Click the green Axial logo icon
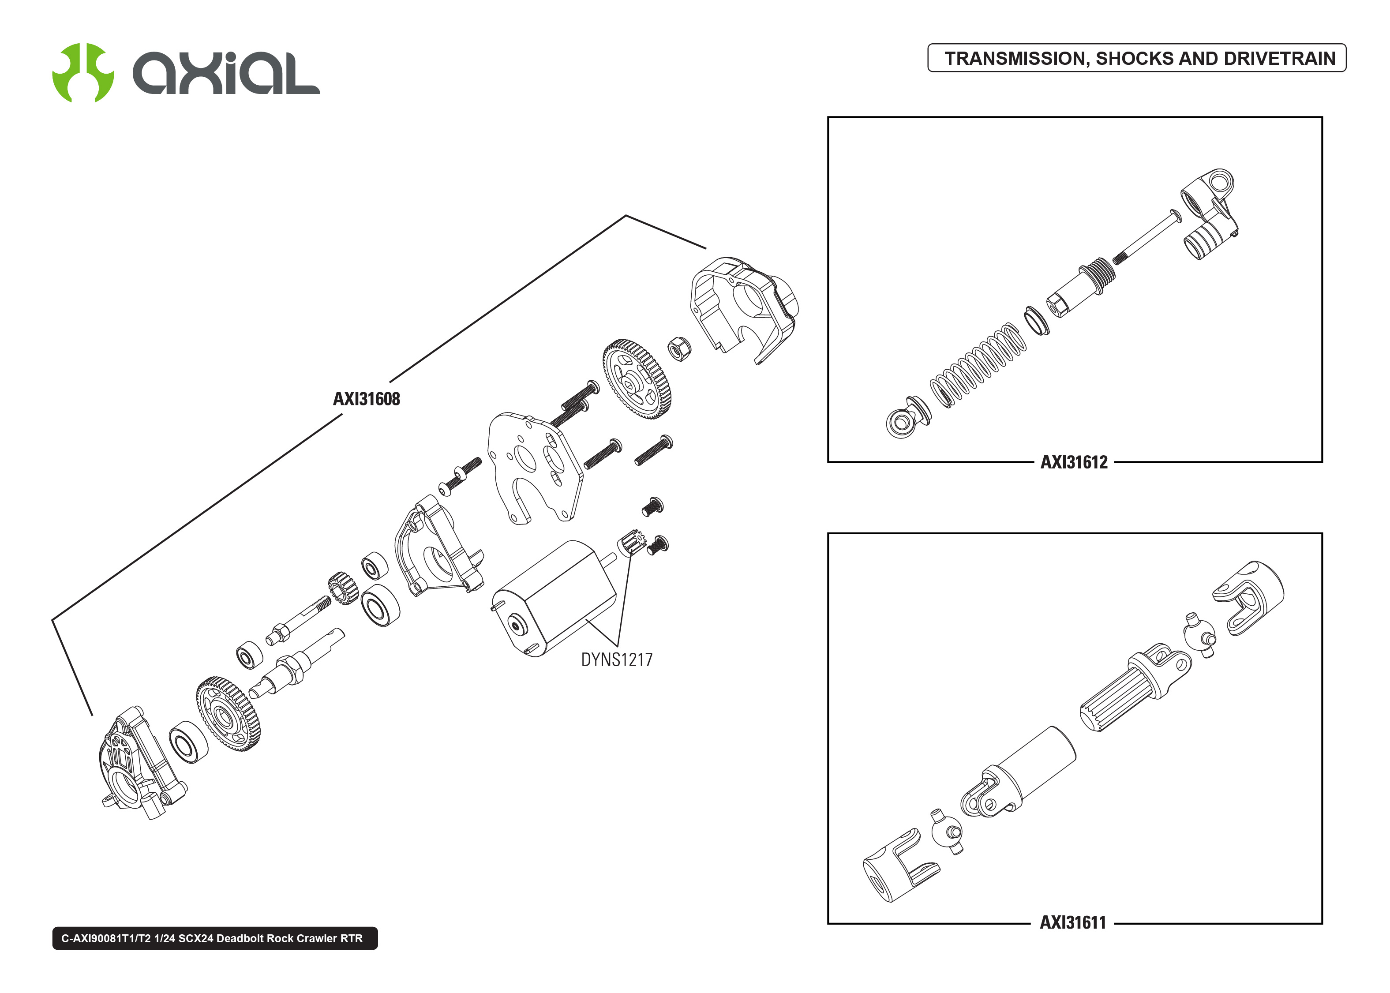[82, 72]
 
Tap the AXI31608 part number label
[366, 399]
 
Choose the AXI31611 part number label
[1073, 923]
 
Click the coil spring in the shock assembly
[978, 364]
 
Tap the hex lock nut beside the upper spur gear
[678, 348]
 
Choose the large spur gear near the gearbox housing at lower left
[228, 714]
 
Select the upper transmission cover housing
[743, 309]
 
